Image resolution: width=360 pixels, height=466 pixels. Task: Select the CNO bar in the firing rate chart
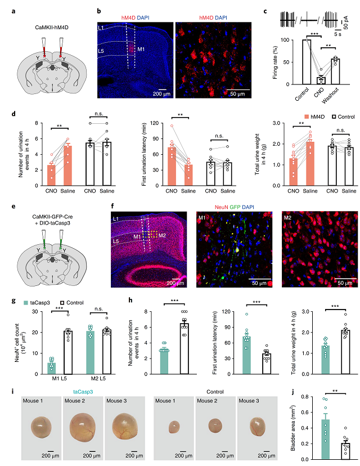click(x=320, y=80)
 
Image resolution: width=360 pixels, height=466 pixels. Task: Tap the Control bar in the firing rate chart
click(x=306, y=62)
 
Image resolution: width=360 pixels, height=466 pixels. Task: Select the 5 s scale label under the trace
click(x=337, y=33)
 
